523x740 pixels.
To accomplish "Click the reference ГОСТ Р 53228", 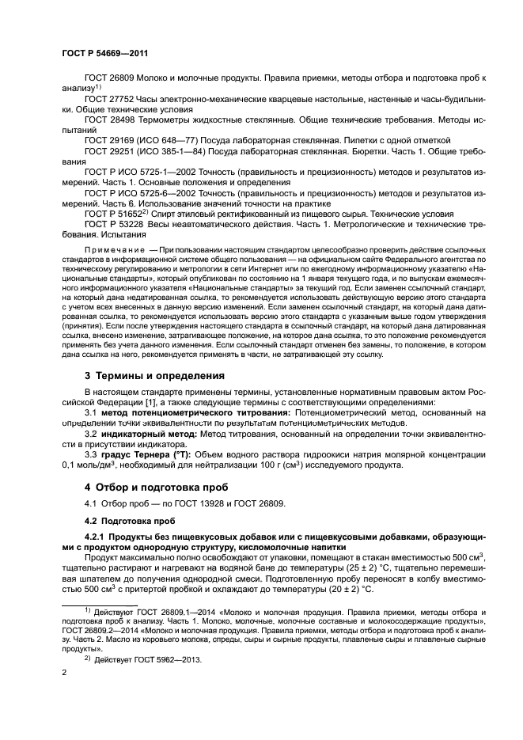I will [115, 224].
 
